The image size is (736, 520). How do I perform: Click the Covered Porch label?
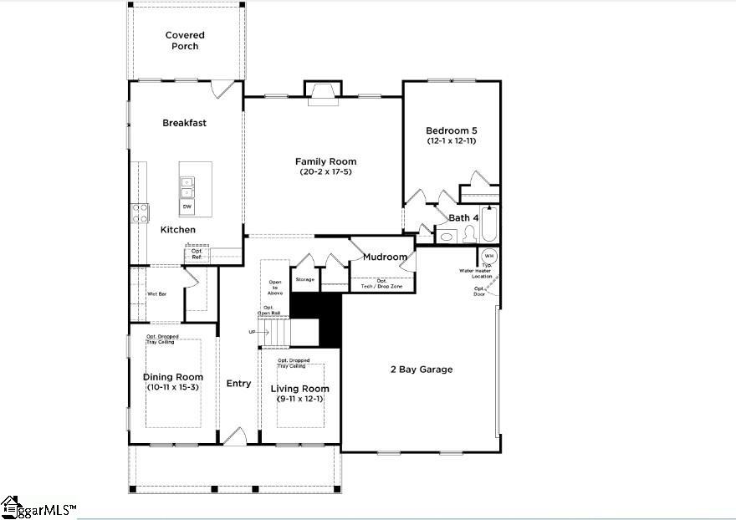tap(185, 40)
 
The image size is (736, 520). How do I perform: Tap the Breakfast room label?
tap(184, 123)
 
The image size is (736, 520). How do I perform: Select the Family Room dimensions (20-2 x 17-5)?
tap(325, 172)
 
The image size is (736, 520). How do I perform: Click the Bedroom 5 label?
tap(451, 130)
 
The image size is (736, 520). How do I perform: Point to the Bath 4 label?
tap(463, 218)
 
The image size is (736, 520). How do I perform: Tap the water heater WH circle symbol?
tap(488, 256)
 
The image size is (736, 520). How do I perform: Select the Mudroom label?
tap(385, 257)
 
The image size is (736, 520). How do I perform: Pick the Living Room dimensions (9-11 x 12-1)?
tap(300, 400)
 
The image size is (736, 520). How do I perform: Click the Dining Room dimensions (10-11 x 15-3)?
tap(173, 388)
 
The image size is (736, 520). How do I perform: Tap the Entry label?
tap(238, 384)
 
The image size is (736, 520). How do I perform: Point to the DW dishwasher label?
tap(186, 206)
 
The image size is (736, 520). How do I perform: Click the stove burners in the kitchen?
tap(139, 212)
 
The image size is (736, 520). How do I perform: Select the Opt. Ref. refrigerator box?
tap(197, 253)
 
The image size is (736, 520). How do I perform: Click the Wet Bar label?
tap(156, 294)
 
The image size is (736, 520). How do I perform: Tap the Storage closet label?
tap(304, 280)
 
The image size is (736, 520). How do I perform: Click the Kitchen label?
tap(178, 229)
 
